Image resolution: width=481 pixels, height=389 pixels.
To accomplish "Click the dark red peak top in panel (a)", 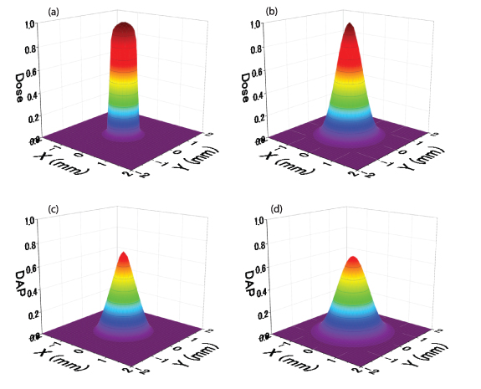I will pos(124,28).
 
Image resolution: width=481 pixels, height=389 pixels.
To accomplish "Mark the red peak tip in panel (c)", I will pos(124,255).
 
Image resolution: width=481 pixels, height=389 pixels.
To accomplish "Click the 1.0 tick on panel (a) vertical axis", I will pos(29,25).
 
